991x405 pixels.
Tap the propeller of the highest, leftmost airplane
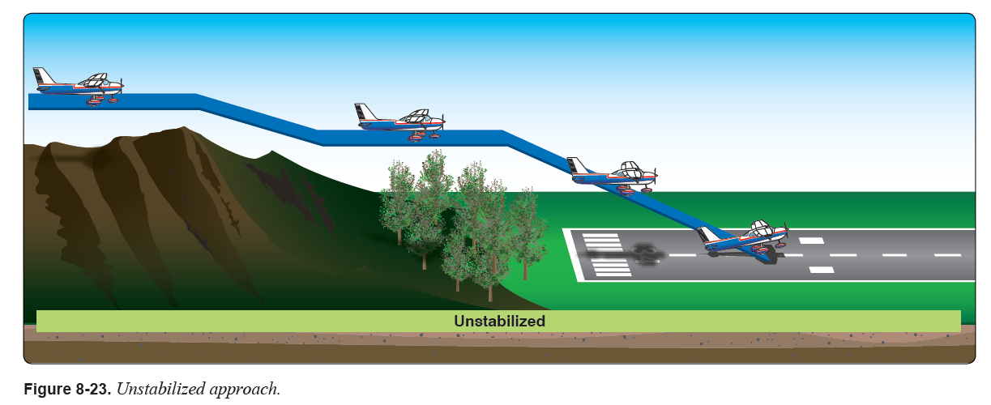coord(122,83)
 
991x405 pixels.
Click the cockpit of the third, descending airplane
coord(630,169)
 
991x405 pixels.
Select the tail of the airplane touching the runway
coord(707,236)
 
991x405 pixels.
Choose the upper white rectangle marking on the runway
coord(811,240)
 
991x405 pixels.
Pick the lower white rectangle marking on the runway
coord(821,270)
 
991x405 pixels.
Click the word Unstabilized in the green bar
coord(499,321)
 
